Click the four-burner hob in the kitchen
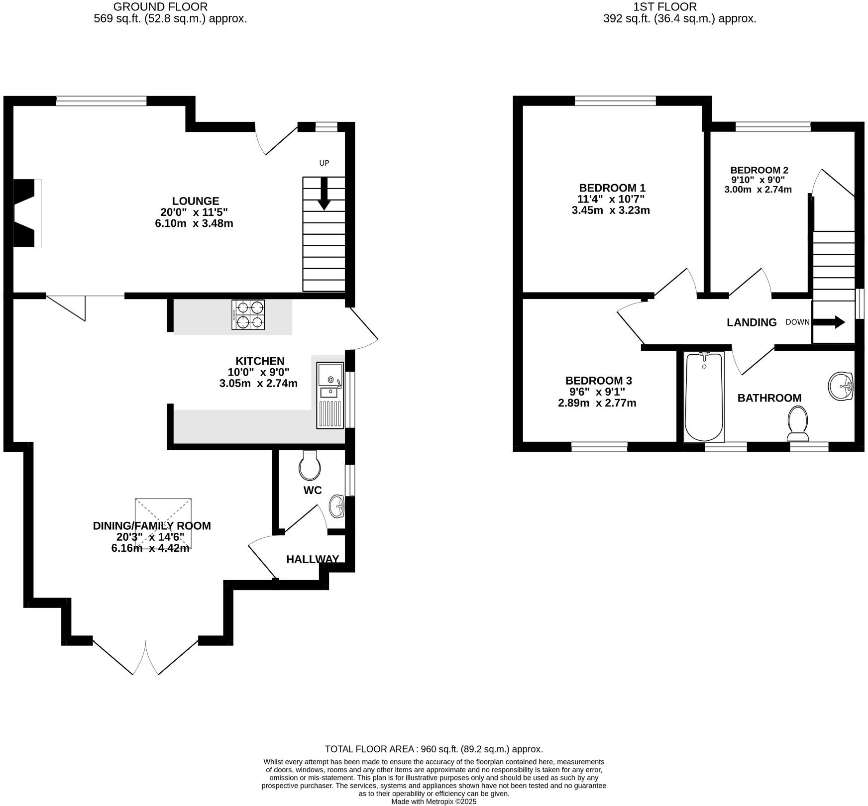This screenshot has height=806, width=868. (248, 314)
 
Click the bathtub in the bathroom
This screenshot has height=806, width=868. (704, 397)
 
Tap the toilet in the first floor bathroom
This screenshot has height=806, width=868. (798, 423)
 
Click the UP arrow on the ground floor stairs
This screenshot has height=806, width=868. (324, 194)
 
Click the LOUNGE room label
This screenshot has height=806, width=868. (196, 201)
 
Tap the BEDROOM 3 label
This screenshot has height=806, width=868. (598, 381)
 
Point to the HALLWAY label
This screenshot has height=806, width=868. (313, 559)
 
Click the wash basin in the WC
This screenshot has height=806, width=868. (337, 506)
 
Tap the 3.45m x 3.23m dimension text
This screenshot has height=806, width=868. (611, 210)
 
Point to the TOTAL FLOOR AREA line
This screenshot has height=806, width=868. (434, 749)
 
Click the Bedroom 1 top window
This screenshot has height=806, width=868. (615, 101)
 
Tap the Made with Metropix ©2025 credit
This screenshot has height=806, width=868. (434, 802)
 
